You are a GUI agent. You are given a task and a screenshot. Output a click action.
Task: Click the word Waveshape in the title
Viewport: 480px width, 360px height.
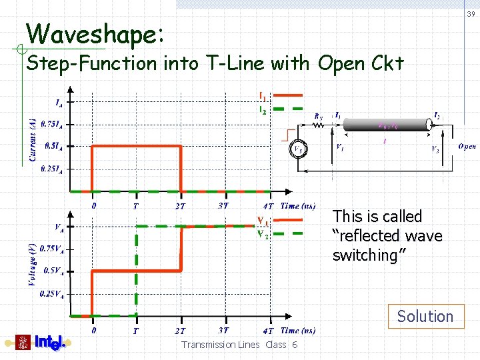point(93,33)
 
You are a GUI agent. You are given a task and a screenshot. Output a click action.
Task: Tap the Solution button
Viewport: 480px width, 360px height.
point(425,316)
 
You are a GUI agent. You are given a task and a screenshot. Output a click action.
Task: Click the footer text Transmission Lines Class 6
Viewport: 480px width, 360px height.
point(239,345)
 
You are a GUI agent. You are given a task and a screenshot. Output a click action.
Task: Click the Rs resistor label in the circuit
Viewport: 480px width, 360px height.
point(319,115)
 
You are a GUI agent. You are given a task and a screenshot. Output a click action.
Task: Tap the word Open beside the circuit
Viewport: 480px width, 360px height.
point(467,147)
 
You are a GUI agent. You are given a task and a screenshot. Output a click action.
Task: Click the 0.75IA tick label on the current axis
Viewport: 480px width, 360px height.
point(52,123)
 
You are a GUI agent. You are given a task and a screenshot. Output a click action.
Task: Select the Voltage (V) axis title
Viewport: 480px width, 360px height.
point(31,263)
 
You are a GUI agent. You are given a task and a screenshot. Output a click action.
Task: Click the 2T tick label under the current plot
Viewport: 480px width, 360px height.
point(181,207)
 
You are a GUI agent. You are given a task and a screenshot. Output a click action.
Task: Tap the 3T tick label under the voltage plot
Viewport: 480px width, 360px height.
point(223,331)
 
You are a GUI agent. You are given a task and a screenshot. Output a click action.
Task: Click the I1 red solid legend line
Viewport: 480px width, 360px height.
point(288,95)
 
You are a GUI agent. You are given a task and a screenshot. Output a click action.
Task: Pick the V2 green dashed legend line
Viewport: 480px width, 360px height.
point(289,233)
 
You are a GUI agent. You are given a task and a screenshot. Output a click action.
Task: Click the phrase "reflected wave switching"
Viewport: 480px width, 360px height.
point(387,245)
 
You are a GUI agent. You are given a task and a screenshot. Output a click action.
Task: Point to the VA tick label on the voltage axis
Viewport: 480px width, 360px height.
point(59,227)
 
